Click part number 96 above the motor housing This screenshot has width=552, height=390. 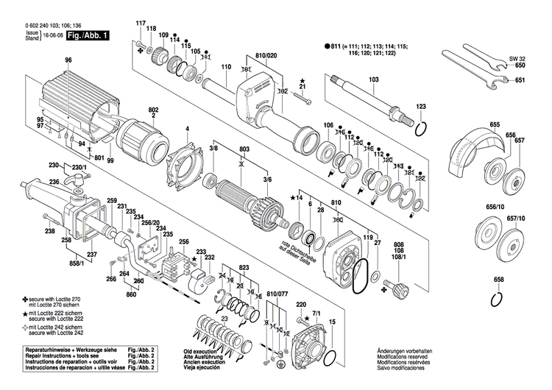click(68, 60)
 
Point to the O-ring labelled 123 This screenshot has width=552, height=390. click(421, 130)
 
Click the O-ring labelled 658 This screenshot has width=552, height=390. click(499, 299)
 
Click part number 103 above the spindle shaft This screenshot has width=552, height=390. click(373, 79)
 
